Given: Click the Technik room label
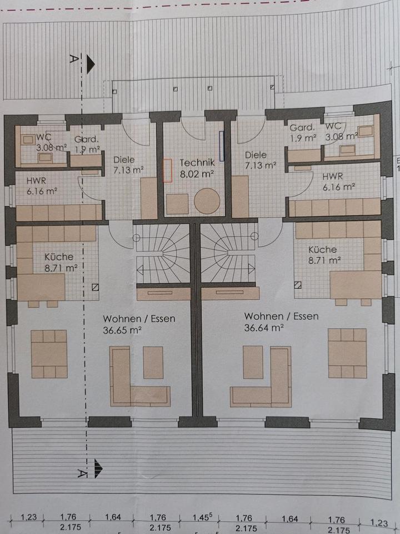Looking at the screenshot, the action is (197, 163).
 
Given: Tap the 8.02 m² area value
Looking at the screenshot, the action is (197, 174).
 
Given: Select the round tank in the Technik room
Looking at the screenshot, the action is (206, 201).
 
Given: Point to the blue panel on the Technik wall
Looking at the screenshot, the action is (221, 146).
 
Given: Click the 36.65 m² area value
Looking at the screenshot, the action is (121, 329).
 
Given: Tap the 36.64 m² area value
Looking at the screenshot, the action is (264, 327).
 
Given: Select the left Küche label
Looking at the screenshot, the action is (58, 257).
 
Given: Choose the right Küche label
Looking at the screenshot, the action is (323, 250).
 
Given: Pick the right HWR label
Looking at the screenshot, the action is (333, 176).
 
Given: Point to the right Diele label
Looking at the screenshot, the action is (256, 155).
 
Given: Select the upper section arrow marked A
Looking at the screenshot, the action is (90, 65).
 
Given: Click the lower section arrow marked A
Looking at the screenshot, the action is (98, 468).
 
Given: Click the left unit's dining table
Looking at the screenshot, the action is (49, 354).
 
